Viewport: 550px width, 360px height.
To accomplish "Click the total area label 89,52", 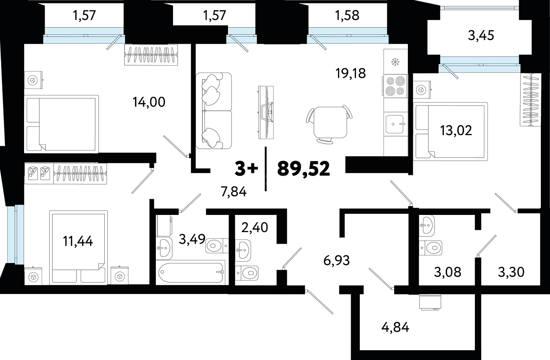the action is (x=304, y=169).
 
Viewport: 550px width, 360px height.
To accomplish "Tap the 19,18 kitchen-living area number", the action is (x=351, y=73).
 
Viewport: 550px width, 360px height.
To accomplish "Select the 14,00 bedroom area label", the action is (x=149, y=102).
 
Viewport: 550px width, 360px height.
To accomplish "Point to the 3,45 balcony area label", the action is (x=481, y=36).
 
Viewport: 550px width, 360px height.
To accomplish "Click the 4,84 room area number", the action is (x=395, y=327).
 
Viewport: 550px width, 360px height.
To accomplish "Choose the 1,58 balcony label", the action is (x=347, y=15).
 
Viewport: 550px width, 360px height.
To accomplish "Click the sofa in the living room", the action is (x=214, y=110).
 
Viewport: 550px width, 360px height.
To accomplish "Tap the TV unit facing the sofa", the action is (x=266, y=112).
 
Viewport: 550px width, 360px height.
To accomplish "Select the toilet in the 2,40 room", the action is (x=246, y=273).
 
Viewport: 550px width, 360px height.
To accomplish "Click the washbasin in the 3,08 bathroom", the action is (x=427, y=226).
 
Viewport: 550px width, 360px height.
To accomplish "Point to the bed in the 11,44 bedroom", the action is (x=78, y=247).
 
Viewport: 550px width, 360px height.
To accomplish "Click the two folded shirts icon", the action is (x=39, y=173).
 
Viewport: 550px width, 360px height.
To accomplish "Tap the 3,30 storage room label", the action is (x=511, y=272).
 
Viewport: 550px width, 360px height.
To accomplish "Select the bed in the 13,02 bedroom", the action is (x=450, y=132).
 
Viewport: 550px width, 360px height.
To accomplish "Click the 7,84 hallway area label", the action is (x=233, y=191).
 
